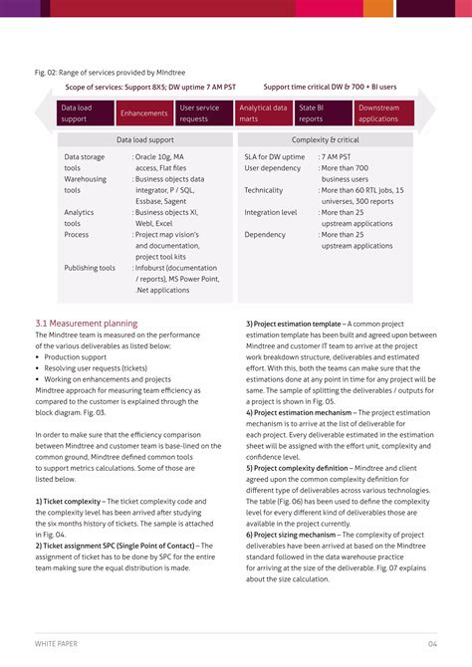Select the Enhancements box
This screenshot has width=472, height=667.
point(143,113)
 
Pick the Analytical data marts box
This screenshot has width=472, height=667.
point(263,112)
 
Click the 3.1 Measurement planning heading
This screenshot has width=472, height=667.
point(86,324)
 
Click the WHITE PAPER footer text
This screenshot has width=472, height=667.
point(59,644)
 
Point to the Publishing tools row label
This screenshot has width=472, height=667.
point(90,268)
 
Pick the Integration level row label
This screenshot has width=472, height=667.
point(271,212)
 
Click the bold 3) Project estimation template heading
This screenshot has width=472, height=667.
point(294,324)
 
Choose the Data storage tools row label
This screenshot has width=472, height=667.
point(85,162)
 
